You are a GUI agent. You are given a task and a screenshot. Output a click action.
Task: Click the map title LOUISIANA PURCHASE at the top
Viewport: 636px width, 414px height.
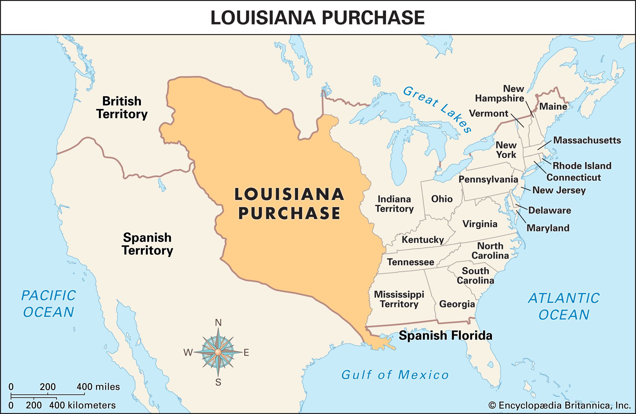pyautogui.click(x=317, y=18)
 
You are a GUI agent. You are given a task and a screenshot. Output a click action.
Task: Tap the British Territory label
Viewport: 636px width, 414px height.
pyautogui.click(x=122, y=108)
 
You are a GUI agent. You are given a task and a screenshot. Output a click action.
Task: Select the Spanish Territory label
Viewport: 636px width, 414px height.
pyautogui.click(x=147, y=244)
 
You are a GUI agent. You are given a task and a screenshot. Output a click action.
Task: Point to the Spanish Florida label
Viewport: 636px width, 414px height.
pyautogui.click(x=445, y=336)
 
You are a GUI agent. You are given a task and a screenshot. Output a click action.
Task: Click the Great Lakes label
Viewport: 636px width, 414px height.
pyautogui.click(x=437, y=109)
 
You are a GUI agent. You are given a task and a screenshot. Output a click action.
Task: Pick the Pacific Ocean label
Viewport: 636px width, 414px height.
pyautogui.click(x=49, y=304)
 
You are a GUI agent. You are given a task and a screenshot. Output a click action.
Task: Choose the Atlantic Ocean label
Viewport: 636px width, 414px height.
pyautogui.click(x=564, y=306)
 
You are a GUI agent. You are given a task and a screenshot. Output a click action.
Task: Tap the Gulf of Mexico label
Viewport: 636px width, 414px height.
pyautogui.click(x=395, y=375)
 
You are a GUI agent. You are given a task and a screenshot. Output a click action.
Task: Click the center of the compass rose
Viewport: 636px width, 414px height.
pyautogui.click(x=218, y=352)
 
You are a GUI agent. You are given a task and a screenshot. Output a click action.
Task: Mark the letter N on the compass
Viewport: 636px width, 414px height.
pyautogui.click(x=218, y=323)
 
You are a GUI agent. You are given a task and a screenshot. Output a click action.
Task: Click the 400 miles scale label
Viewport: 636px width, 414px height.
pyautogui.click(x=98, y=387)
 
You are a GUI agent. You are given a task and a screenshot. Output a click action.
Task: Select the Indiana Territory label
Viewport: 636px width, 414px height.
pyautogui.click(x=394, y=204)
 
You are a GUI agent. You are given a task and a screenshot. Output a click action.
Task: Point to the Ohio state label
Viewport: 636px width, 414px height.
pyautogui.click(x=442, y=199)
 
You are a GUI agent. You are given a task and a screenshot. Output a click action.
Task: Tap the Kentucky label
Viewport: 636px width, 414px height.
pyautogui.click(x=423, y=240)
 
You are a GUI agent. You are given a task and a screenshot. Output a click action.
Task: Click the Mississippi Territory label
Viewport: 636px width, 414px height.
pyautogui.click(x=399, y=299)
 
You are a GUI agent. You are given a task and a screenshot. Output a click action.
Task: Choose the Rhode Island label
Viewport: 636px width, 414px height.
pyautogui.click(x=582, y=166)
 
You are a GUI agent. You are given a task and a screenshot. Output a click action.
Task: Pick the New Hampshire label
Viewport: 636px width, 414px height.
pyautogui.click(x=500, y=94)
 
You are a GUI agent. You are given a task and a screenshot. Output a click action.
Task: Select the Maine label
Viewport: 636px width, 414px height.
pyautogui.click(x=553, y=106)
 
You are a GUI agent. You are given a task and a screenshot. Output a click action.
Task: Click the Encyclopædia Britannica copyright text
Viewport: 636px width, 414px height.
pyautogui.click(x=559, y=405)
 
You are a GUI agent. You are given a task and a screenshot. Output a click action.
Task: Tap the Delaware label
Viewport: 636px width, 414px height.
pyautogui.click(x=550, y=211)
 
